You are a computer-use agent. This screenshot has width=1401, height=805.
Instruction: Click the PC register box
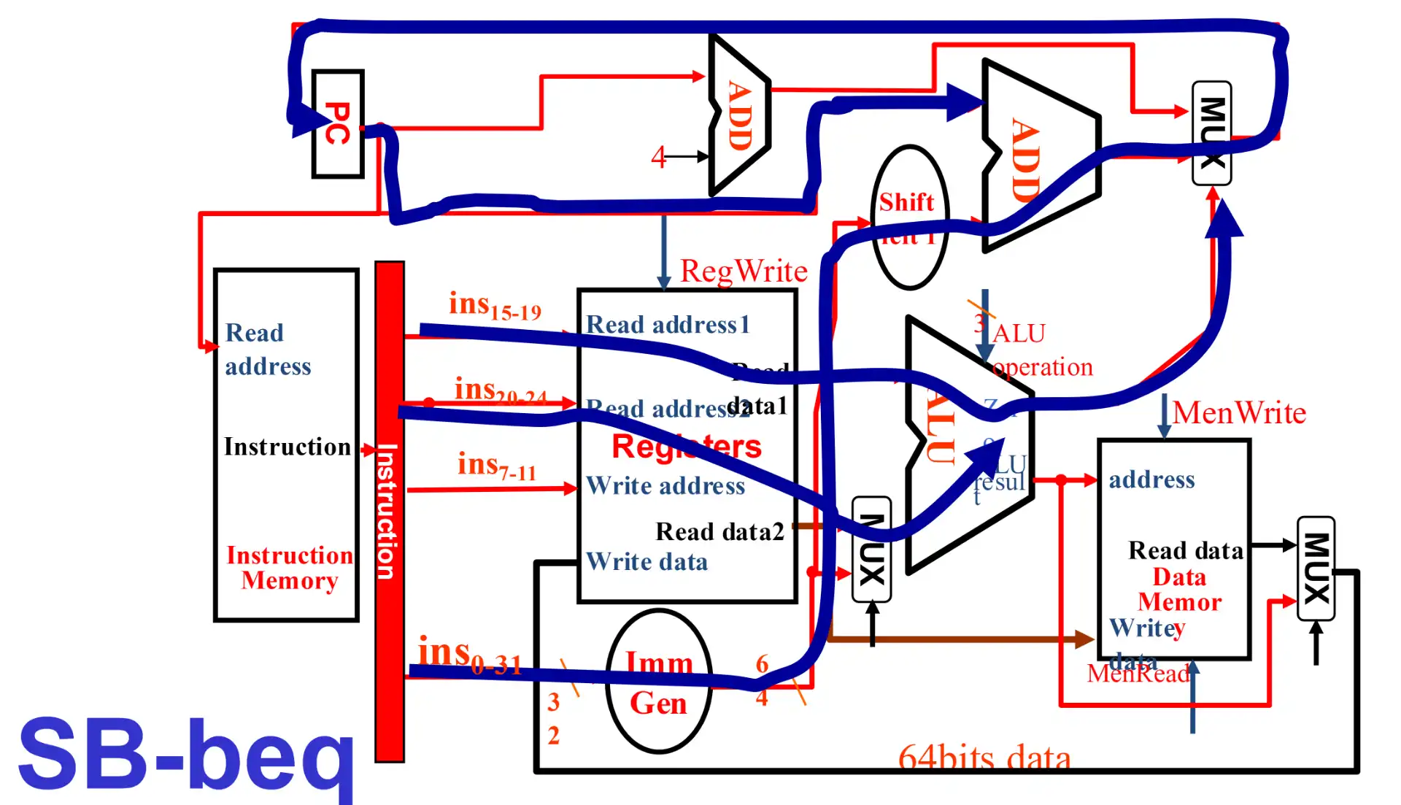pos(337,124)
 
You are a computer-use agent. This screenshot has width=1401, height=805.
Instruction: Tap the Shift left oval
pos(908,217)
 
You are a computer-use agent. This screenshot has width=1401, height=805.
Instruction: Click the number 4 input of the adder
pos(658,157)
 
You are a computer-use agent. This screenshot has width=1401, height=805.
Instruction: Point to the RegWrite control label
pos(743,271)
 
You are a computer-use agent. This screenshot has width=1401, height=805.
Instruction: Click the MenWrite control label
pos(1238,413)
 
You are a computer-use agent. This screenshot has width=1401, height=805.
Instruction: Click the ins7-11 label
pos(496,466)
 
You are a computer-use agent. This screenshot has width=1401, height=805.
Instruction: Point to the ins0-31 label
pos(469,654)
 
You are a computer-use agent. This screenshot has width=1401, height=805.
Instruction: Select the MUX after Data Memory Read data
pos(1316,569)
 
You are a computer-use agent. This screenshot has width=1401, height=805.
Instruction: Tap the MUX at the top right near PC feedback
pos(1211,133)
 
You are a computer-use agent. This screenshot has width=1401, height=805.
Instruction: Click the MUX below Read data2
pos(871,550)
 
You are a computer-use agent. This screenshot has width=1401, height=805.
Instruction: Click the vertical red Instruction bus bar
pos(389,511)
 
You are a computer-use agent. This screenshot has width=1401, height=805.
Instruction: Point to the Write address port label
pos(665,486)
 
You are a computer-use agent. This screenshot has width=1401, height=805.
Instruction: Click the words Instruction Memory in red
pos(289,568)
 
